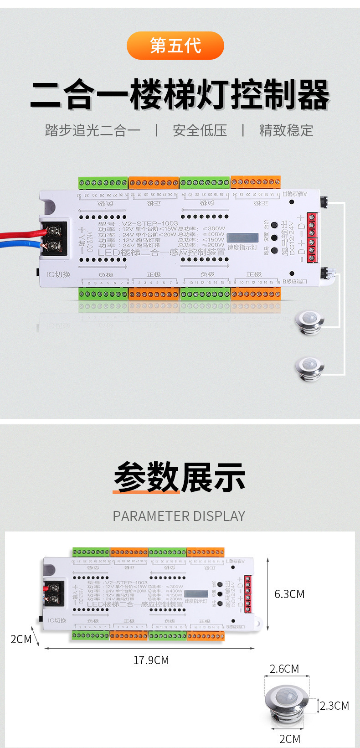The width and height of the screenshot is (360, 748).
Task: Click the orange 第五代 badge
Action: pos(175,46)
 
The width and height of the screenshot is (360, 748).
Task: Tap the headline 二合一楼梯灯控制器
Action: pos(180,95)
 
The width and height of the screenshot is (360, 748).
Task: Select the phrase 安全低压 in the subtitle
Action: pos(200,131)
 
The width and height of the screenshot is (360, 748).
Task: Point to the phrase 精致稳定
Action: pos(286,131)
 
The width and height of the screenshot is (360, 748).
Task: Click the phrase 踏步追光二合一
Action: pos(93,131)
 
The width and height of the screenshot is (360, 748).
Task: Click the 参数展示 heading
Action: pos(180,477)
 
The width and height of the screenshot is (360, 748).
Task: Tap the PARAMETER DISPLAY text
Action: pos(179,516)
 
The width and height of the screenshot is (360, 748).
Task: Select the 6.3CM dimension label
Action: pos(289,594)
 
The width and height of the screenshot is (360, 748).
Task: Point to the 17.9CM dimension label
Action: pos(151,660)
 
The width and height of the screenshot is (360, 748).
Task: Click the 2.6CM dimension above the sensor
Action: pos(284,669)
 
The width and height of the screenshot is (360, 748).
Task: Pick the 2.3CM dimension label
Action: pos(334,706)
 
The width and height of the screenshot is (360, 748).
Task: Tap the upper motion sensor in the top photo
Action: pos(309,322)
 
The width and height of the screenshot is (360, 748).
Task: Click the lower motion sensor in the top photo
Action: pos(309,367)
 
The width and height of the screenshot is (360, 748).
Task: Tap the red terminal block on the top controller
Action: pos(312,237)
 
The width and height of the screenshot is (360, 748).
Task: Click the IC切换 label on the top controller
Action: pos(58,274)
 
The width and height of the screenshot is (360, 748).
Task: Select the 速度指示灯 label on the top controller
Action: pos(242,248)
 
